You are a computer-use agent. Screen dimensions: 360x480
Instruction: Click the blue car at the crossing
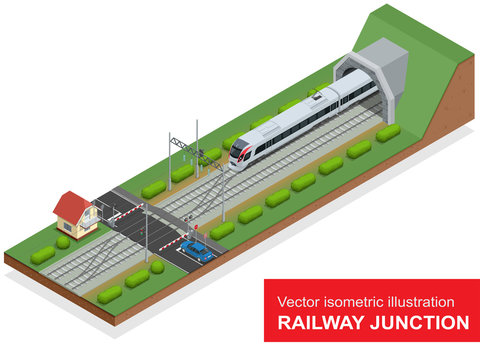pyautogui.click(x=197, y=251)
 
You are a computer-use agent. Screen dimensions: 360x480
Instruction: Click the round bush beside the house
pyautogui.click(x=62, y=242)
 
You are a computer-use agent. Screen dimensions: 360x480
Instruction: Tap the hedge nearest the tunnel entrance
pyautogui.click(x=388, y=132)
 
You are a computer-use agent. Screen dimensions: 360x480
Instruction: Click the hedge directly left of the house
pyautogui.click(x=43, y=256)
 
